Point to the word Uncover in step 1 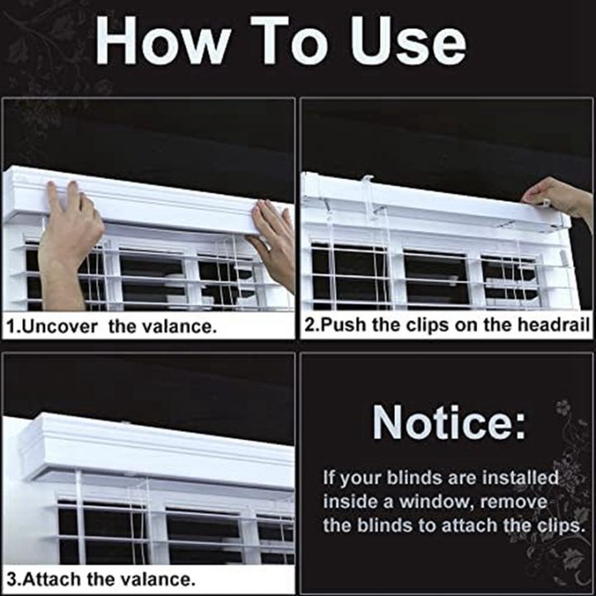(x=63, y=326)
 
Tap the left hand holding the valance (x=70, y=236)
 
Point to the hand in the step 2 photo (x=560, y=199)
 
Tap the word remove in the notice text (x=518, y=502)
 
